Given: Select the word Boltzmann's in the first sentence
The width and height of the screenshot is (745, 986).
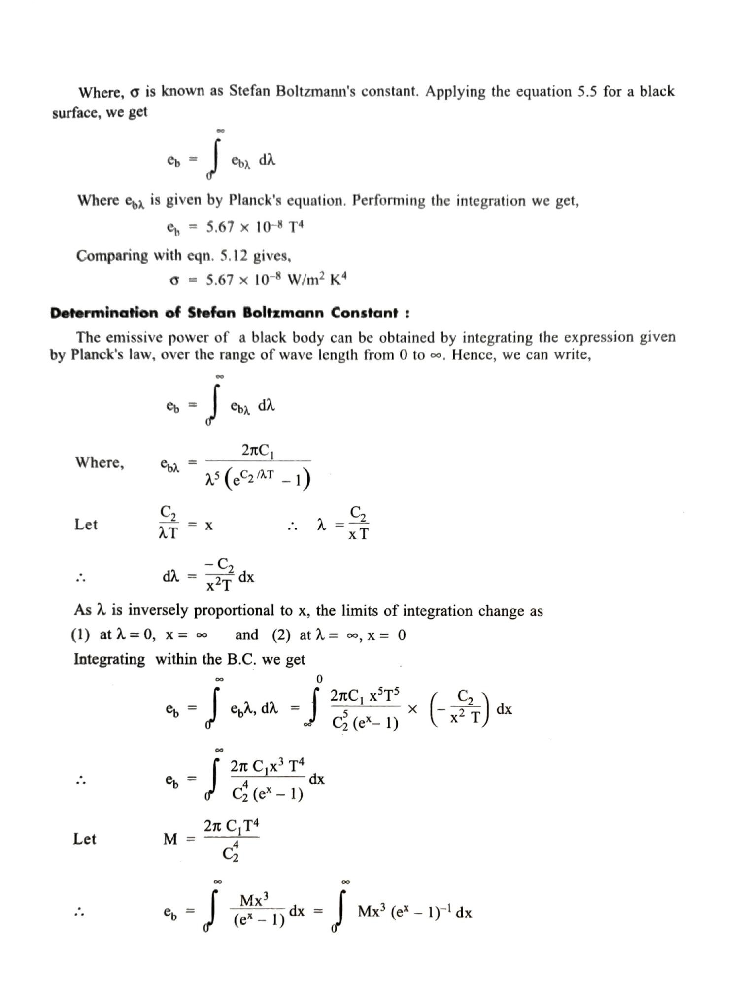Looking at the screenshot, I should [314, 92].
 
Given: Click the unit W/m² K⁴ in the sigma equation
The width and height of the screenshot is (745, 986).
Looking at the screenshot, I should [317, 280].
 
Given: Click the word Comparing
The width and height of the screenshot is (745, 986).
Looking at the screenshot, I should [112, 256].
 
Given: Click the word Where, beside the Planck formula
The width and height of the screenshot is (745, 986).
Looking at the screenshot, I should [99, 462].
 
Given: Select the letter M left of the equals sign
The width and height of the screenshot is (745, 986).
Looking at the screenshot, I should [170, 839].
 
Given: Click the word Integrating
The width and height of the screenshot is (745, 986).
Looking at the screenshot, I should [109, 659].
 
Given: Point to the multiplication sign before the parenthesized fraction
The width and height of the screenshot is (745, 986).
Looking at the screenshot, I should [413, 709].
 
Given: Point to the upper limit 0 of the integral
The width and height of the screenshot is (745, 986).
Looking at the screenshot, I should [319, 679].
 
